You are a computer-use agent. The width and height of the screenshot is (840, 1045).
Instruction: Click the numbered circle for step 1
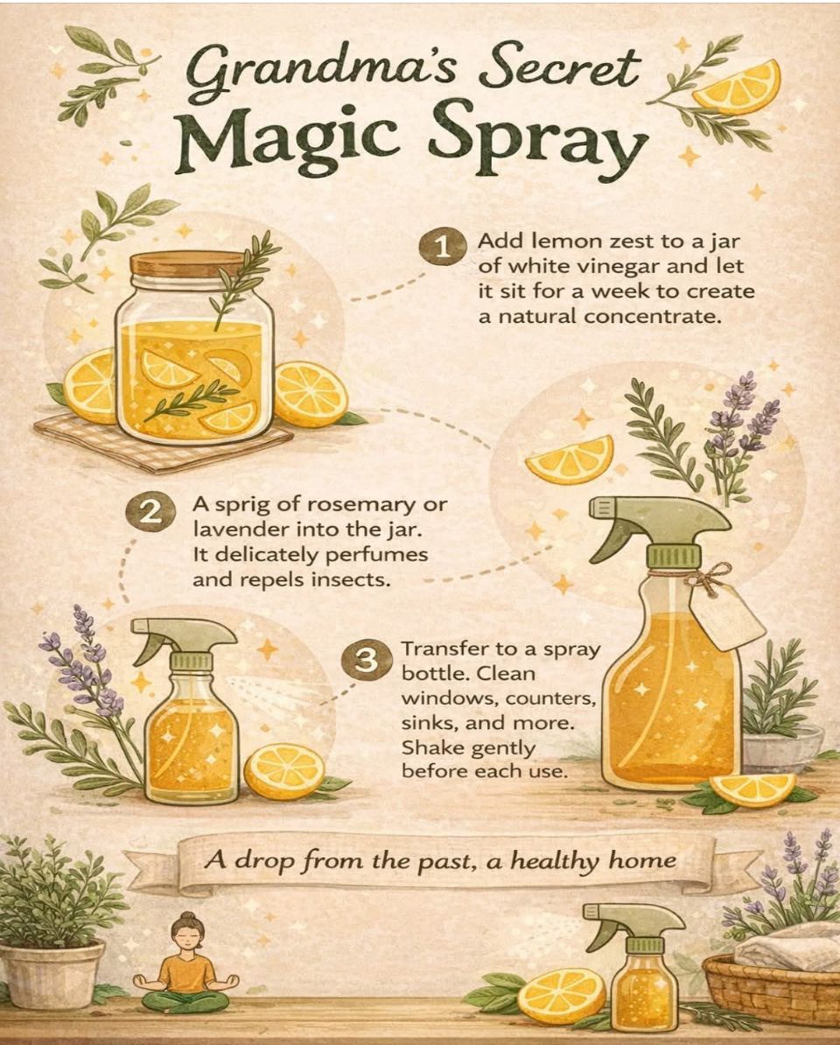(443, 248)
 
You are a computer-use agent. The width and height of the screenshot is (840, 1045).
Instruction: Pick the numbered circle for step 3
(365, 661)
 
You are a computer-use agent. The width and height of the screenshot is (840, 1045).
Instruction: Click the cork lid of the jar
(188, 264)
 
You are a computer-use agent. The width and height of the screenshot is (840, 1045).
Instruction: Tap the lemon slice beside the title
(737, 88)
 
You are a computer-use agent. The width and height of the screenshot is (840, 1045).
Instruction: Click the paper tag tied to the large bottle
(726, 616)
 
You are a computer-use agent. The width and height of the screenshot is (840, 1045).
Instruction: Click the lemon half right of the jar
(311, 393)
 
